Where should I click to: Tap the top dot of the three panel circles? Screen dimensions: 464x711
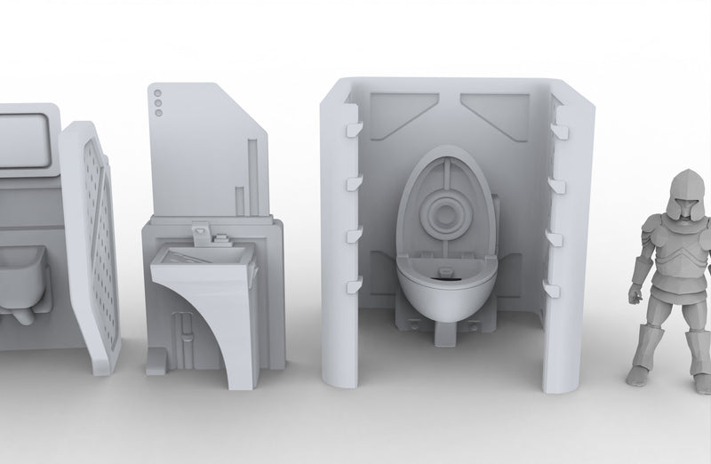pos(158,92)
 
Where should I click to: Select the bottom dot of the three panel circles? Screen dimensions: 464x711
pos(158,112)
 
